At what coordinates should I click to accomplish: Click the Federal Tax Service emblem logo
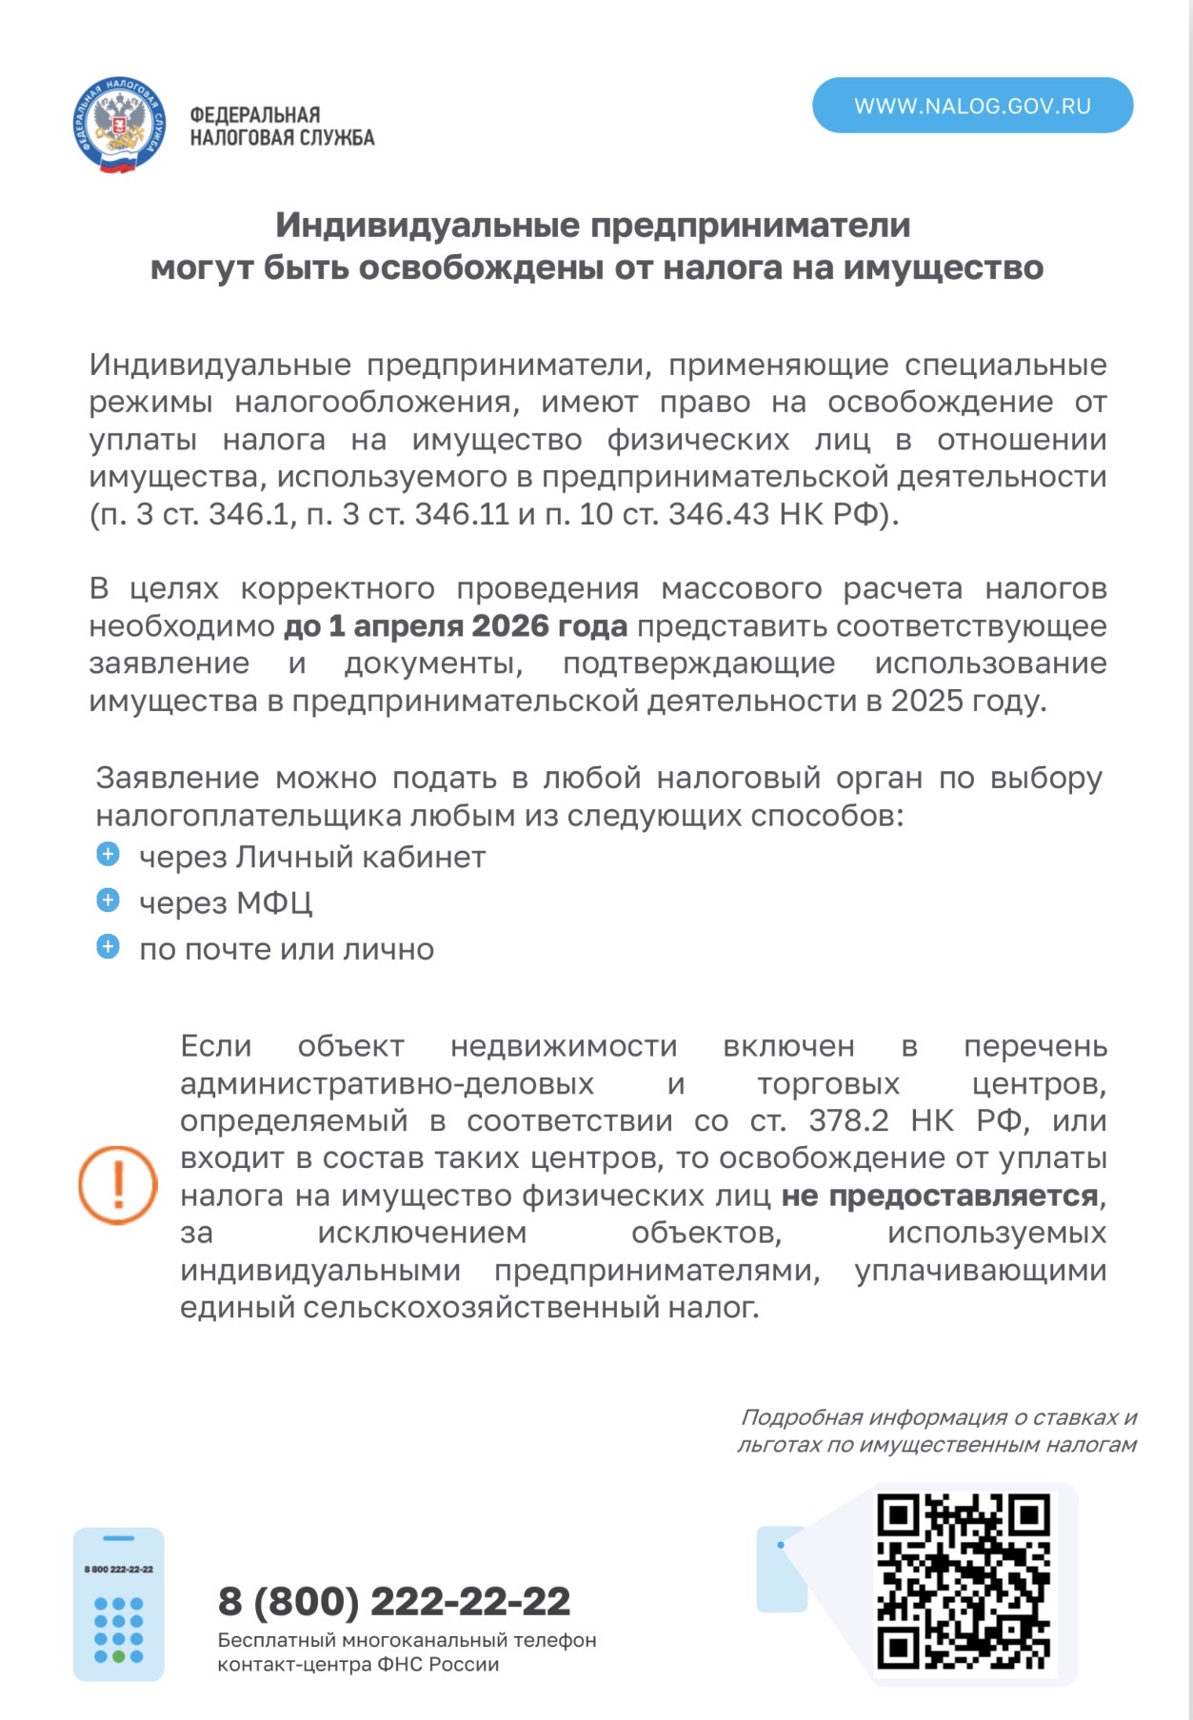click(x=119, y=126)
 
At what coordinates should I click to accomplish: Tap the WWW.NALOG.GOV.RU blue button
click(x=972, y=106)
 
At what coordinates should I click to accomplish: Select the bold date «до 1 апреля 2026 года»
click(x=456, y=626)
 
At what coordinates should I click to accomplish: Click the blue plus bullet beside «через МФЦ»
click(x=109, y=900)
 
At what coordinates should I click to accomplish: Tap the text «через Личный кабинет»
click(x=312, y=857)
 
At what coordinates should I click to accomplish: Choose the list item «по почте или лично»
click(x=287, y=949)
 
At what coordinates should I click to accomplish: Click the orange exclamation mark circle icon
click(x=118, y=1184)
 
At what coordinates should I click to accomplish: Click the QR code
click(x=963, y=1581)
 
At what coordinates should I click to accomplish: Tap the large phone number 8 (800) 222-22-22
click(x=394, y=1601)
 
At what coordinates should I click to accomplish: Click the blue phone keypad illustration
click(x=119, y=1604)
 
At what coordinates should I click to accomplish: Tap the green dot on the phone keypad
click(x=119, y=1656)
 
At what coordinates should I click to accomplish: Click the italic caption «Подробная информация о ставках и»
click(x=939, y=1417)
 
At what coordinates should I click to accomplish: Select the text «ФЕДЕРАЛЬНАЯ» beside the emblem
click(x=255, y=115)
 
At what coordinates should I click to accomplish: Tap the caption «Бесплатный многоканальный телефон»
click(x=408, y=1640)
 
